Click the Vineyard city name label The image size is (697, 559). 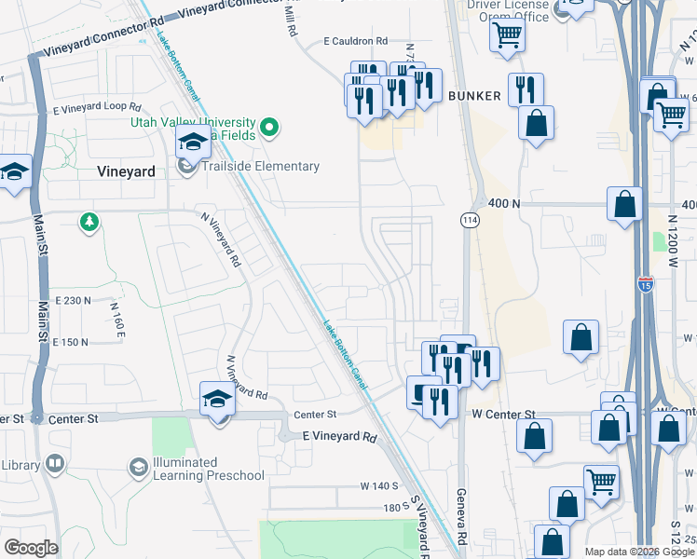click(125, 171)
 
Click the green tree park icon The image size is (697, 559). click(89, 222)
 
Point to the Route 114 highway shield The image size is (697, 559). click(469, 219)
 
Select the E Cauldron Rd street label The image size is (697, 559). click(355, 41)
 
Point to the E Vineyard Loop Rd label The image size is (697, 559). click(96, 109)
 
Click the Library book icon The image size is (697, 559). click(55, 464)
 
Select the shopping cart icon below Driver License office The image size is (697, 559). click(507, 35)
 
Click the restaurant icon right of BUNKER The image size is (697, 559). click(526, 90)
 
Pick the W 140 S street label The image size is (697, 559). click(379, 485)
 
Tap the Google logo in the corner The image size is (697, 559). click(32, 548)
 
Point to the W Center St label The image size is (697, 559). click(503, 414)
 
